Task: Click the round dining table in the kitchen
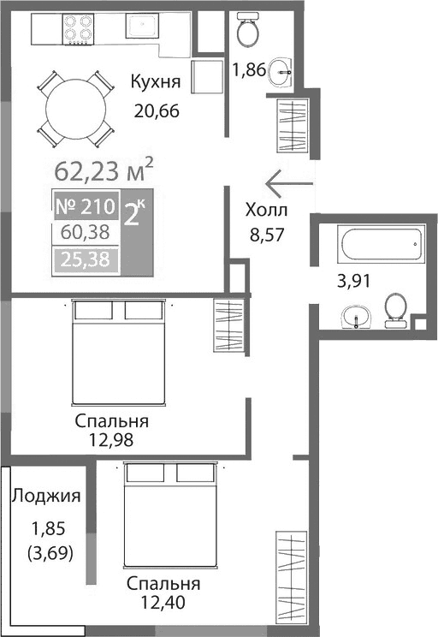[x=76, y=108]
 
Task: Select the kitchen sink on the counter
[x=140, y=27]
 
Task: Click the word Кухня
[x=155, y=82]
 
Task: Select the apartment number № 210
[x=85, y=205]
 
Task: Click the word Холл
[x=266, y=211]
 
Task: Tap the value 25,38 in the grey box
[x=85, y=259]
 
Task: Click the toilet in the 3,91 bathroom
[x=395, y=310]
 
